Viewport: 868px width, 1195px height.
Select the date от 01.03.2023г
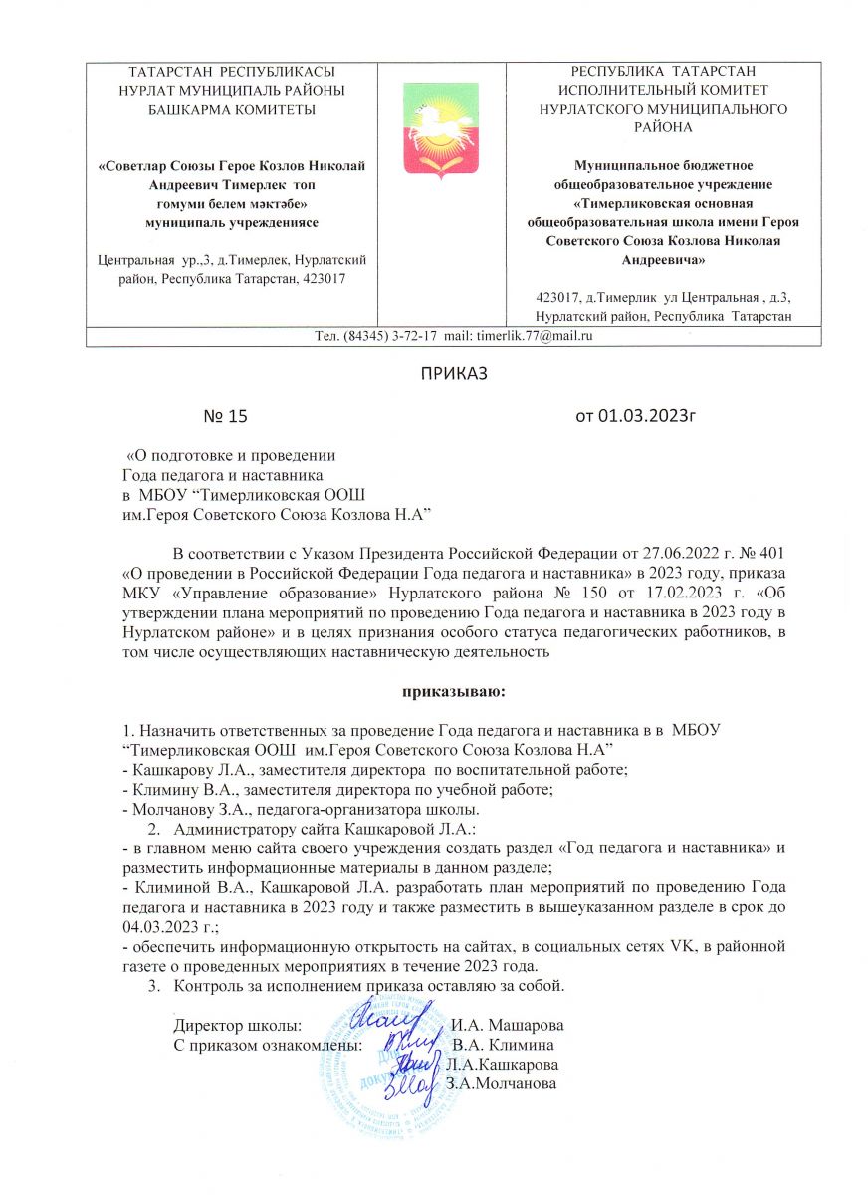point(633,416)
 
